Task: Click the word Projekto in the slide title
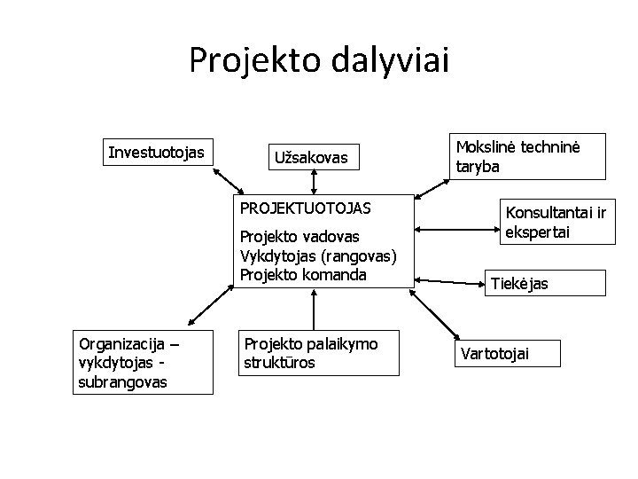[256, 60]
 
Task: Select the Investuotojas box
[155, 153]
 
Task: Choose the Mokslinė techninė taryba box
[529, 157]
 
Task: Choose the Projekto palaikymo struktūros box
[299, 352]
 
